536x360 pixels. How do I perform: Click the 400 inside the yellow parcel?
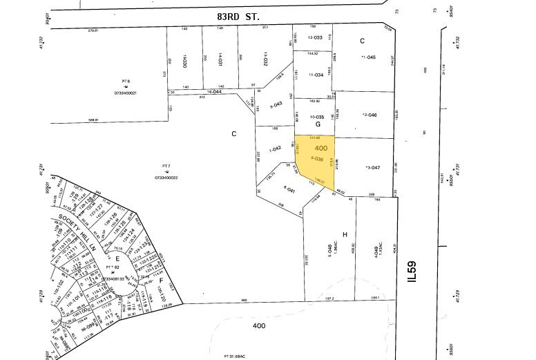pyautogui.click(x=320, y=149)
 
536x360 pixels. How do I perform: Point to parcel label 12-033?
pyautogui.click(x=316, y=37)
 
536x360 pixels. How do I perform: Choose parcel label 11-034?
pyautogui.click(x=316, y=75)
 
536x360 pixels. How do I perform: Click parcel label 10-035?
pyautogui.click(x=317, y=117)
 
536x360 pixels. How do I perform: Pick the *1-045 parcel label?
pyautogui.click(x=368, y=57)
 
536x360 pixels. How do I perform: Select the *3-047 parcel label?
pyautogui.click(x=372, y=167)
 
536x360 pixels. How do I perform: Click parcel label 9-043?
pyautogui.click(x=275, y=104)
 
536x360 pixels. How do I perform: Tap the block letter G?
pyautogui.click(x=318, y=124)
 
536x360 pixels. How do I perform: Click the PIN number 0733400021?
pyautogui.click(x=126, y=93)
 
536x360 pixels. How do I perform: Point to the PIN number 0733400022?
pyautogui.click(x=166, y=178)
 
